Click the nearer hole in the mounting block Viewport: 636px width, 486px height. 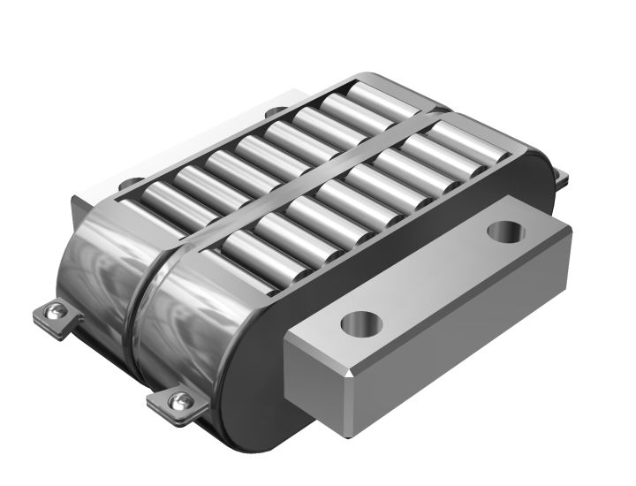tap(360, 322)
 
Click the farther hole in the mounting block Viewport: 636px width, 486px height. tap(507, 232)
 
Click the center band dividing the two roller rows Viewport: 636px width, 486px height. tap(291, 185)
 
